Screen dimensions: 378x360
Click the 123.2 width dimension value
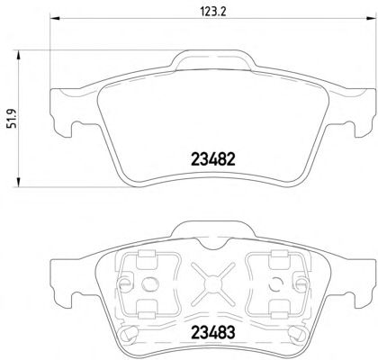point(213,12)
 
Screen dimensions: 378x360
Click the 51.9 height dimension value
point(13,119)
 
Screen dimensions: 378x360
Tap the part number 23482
point(213,159)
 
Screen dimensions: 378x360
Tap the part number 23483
point(213,332)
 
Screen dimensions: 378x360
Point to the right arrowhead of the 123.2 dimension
point(371,19)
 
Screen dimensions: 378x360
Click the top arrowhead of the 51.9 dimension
point(19,56)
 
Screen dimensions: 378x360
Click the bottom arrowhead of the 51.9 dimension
point(19,182)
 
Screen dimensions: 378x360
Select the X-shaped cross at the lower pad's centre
point(213,283)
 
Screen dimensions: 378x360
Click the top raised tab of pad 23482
point(213,60)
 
